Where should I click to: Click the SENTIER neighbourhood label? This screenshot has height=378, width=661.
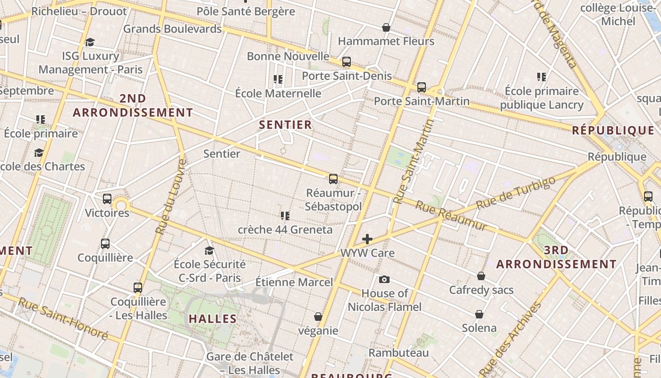tap(285, 125)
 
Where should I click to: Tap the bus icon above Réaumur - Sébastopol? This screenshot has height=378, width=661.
tap(333, 179)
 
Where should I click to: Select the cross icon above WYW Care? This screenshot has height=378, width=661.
tap(367, 239)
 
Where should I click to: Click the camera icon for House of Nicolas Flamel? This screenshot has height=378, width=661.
tap(384, 279)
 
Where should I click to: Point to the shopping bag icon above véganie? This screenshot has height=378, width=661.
tap(318, 316)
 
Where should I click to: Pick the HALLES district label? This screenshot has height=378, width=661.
tap(212, 318)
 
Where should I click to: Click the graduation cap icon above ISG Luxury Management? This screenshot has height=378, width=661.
tap(90, 42)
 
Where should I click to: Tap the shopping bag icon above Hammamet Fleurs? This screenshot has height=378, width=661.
tap(386, 27)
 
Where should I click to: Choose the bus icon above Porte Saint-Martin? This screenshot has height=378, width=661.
tap(421, 87)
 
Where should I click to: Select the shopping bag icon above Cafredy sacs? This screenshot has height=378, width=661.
tap(481, 275)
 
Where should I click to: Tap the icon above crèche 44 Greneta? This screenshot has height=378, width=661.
tap(285, 216)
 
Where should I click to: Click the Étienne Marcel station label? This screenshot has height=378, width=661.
tap(294, 282)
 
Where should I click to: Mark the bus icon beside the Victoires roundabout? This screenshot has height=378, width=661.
tap(107, 199)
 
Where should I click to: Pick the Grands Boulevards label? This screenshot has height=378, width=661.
tap(172, 29)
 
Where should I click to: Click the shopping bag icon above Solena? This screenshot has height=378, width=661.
tap(479, 314)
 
